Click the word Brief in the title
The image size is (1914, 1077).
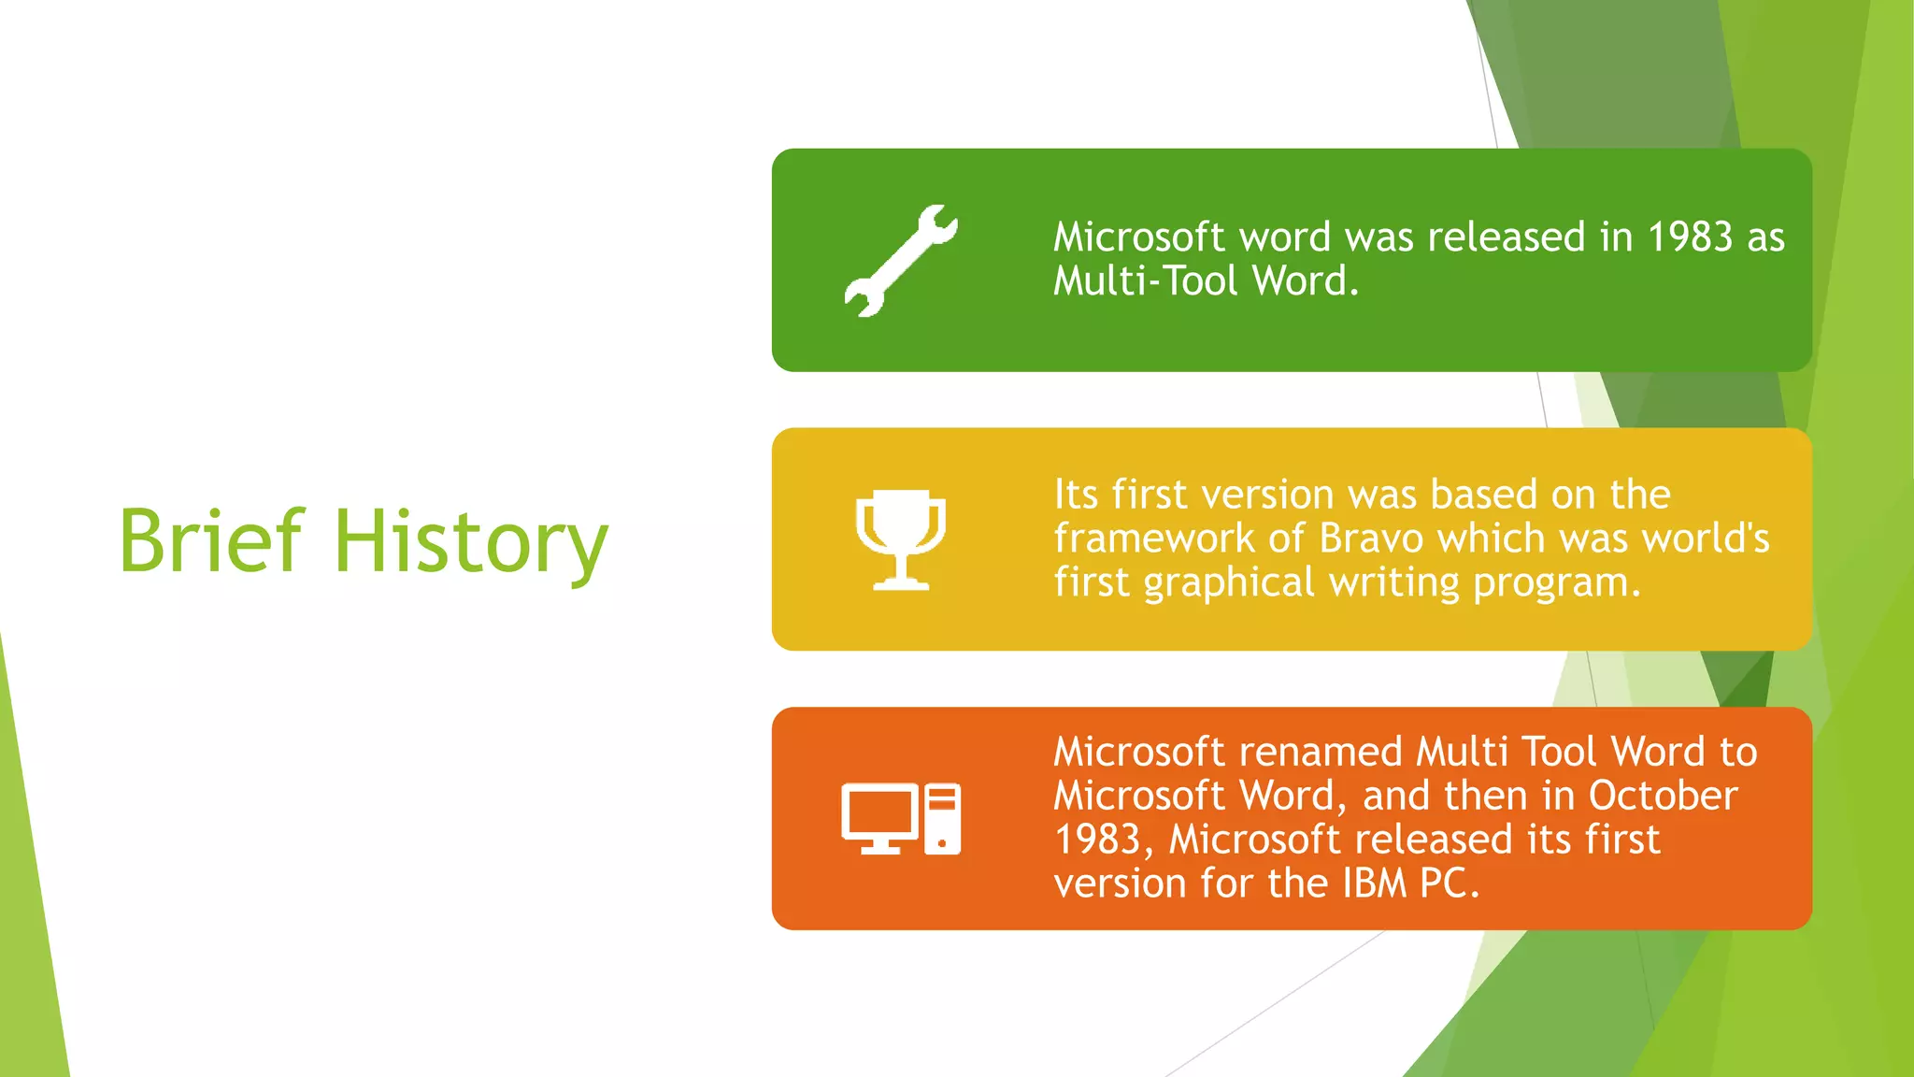point(211,540)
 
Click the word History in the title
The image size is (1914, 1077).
point(470,542)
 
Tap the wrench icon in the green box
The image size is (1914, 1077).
point(900,260)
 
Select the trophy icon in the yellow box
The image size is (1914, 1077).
point(900,538)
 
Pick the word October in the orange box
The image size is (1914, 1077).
point(1663,797)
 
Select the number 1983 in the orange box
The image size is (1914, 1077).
point(1097,840)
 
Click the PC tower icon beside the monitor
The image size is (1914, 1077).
point(942,819)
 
